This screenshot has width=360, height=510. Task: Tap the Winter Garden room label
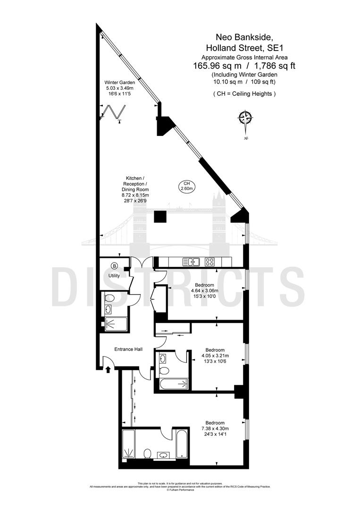[x=119, y=82]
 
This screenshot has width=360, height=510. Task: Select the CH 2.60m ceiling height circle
[x=187, y=186]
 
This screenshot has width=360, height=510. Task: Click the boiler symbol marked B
[x=114, y=265]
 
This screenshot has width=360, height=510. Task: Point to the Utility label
[x=114, y=275]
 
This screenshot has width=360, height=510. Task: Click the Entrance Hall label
[x=129, y=349]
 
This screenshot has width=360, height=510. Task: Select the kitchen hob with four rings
[x=209, y=261]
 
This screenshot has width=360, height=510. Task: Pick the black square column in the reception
[x=160, y=217]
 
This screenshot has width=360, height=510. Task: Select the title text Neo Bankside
[x=245, y=36]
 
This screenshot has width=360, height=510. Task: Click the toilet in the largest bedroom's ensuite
[x=147, y=454]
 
